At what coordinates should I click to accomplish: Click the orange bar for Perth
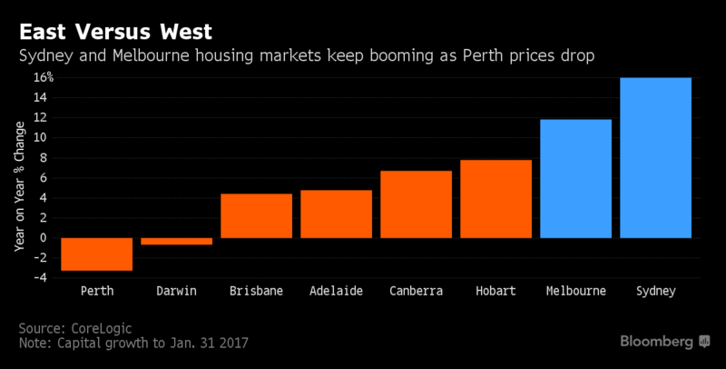96,254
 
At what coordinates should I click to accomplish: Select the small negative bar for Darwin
176,241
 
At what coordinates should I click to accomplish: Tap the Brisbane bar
256,215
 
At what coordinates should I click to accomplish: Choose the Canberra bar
416,204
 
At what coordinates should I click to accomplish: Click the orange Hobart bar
495,199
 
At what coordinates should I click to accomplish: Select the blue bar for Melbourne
575,178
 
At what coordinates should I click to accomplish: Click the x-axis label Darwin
176,292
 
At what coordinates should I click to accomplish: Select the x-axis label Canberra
416,292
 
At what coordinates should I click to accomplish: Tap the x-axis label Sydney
655,292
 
